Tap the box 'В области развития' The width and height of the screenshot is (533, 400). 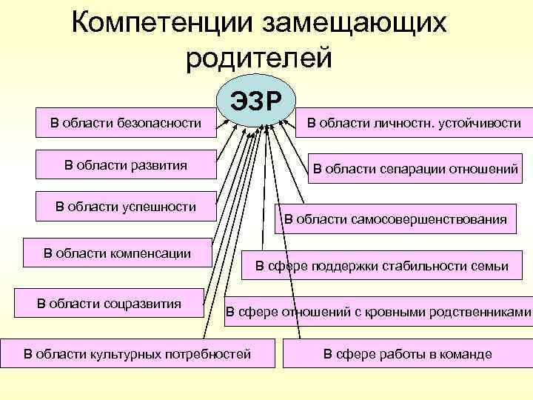126,164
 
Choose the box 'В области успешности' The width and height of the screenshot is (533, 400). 126,207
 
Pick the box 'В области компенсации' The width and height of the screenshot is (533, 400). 118,253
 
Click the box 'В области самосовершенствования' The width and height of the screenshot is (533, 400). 395,219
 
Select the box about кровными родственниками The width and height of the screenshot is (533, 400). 378,312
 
